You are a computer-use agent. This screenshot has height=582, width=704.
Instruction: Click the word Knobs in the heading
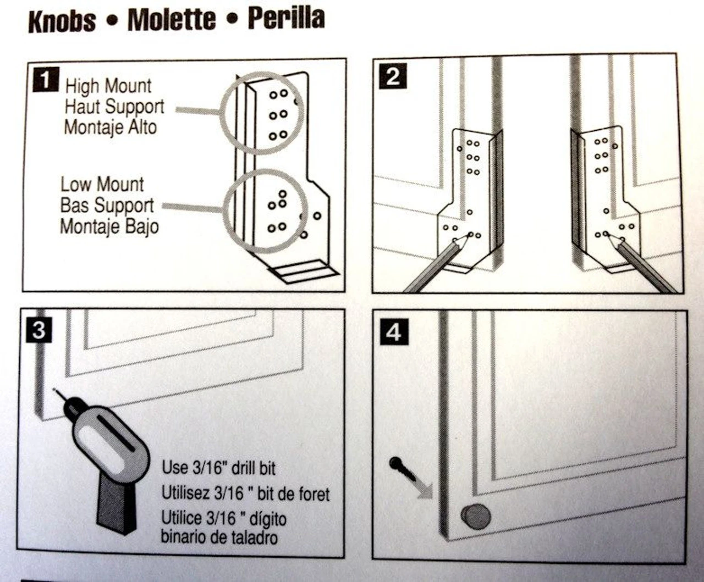coord(62,21)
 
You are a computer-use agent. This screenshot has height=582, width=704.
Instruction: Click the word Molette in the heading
coord(171,20)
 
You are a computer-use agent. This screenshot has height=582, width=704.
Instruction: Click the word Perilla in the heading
coord(286,19)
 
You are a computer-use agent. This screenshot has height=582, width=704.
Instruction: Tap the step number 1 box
coord(45,80)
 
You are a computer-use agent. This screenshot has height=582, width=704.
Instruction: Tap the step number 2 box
coord(393,76)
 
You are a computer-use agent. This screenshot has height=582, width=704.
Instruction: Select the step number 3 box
coord(38,330)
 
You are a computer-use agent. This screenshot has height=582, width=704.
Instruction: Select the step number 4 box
coord(393,332)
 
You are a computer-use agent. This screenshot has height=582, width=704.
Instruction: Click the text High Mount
coord(108,86)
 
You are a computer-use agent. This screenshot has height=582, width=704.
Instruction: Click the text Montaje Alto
coord(111,128)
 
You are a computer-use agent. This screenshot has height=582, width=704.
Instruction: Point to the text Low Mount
coord(102,184)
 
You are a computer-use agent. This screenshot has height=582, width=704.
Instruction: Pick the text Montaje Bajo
coord(109,226)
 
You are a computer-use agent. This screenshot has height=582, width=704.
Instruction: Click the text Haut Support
coord(114,107)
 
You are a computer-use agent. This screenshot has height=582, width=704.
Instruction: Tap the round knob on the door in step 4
coord(476,517)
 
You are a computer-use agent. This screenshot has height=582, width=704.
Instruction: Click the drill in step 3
coord(110,451)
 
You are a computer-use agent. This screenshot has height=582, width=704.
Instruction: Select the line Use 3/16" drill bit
coord(218,468)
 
